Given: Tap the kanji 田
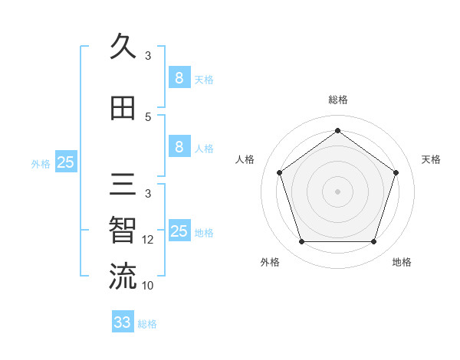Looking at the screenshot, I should coord(123,108).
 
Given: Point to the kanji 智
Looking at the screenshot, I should coord(123,231).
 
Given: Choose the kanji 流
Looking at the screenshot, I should coord(123,277).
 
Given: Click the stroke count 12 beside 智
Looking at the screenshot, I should coord(148,240).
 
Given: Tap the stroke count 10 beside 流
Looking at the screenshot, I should coord(148,286).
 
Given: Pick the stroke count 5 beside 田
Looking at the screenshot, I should coord(148,117).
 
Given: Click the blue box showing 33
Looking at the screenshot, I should coord(123,322).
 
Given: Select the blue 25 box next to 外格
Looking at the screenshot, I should coord(65,162).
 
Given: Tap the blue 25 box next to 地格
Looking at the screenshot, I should coord(179,231).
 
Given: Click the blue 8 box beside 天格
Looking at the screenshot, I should coord(179,78).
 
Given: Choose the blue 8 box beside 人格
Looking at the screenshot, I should coord(179,147).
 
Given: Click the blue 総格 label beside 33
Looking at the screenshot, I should coord(147,324).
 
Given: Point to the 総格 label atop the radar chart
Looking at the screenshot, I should coord(337,100).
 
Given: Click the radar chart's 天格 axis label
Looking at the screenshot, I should coord(431,159).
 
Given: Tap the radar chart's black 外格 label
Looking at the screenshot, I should coord(270,262).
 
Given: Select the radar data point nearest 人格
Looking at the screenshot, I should coord(279,172).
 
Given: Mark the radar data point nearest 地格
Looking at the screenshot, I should coord(373,242).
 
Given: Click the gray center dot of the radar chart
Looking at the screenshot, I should coord(337,191).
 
